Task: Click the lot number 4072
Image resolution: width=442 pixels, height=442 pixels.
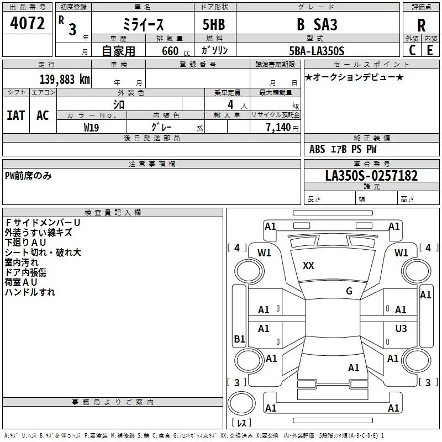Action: (x=27, y=24)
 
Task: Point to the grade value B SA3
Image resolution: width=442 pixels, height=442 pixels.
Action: (x=317, y=25)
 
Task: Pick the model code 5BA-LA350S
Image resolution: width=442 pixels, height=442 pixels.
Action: (x=317, y=51)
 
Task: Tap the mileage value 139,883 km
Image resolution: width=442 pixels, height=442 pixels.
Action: (x=65, y=79)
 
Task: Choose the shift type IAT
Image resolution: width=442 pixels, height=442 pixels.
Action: (x=16, y=115)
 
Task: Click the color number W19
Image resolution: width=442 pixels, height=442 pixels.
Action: (x=92, y=127)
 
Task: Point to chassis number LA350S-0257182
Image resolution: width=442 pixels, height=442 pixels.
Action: (x=371, y=176)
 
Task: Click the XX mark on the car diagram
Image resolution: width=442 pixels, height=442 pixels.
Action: (x=308, y=266)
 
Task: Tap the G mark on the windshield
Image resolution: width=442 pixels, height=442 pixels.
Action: (x=349, y=291)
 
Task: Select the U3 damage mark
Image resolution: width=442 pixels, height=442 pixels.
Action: (x=401, y=329)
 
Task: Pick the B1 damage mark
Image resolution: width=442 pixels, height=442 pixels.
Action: (x=239, y=339)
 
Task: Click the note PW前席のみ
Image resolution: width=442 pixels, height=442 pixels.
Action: (x=28, y=176)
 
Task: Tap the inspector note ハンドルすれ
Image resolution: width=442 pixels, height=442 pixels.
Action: (x=30, y=292)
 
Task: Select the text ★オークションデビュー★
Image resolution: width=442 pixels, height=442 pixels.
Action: (x=354, y=77)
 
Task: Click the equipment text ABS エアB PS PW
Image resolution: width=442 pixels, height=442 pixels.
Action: (x=343, y=149)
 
